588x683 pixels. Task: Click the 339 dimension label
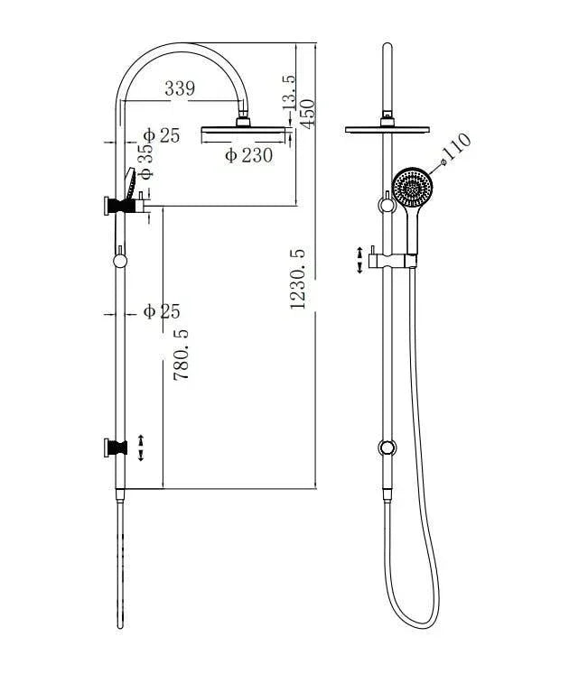click(180, 88)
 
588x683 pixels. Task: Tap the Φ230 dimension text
click(248, 155)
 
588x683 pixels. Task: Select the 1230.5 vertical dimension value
click(298, 280)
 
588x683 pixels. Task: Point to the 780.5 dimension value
click(181, 353)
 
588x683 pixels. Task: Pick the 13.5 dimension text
click(289, 93)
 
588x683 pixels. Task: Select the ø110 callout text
click(457, 148)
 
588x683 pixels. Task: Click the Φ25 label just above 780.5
click(162, 312)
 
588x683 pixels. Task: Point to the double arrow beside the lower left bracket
click(141, 448)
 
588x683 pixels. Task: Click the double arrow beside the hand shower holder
click(361, 259)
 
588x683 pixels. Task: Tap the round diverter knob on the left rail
click(120, 261)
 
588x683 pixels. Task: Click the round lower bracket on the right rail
click(387, 448)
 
